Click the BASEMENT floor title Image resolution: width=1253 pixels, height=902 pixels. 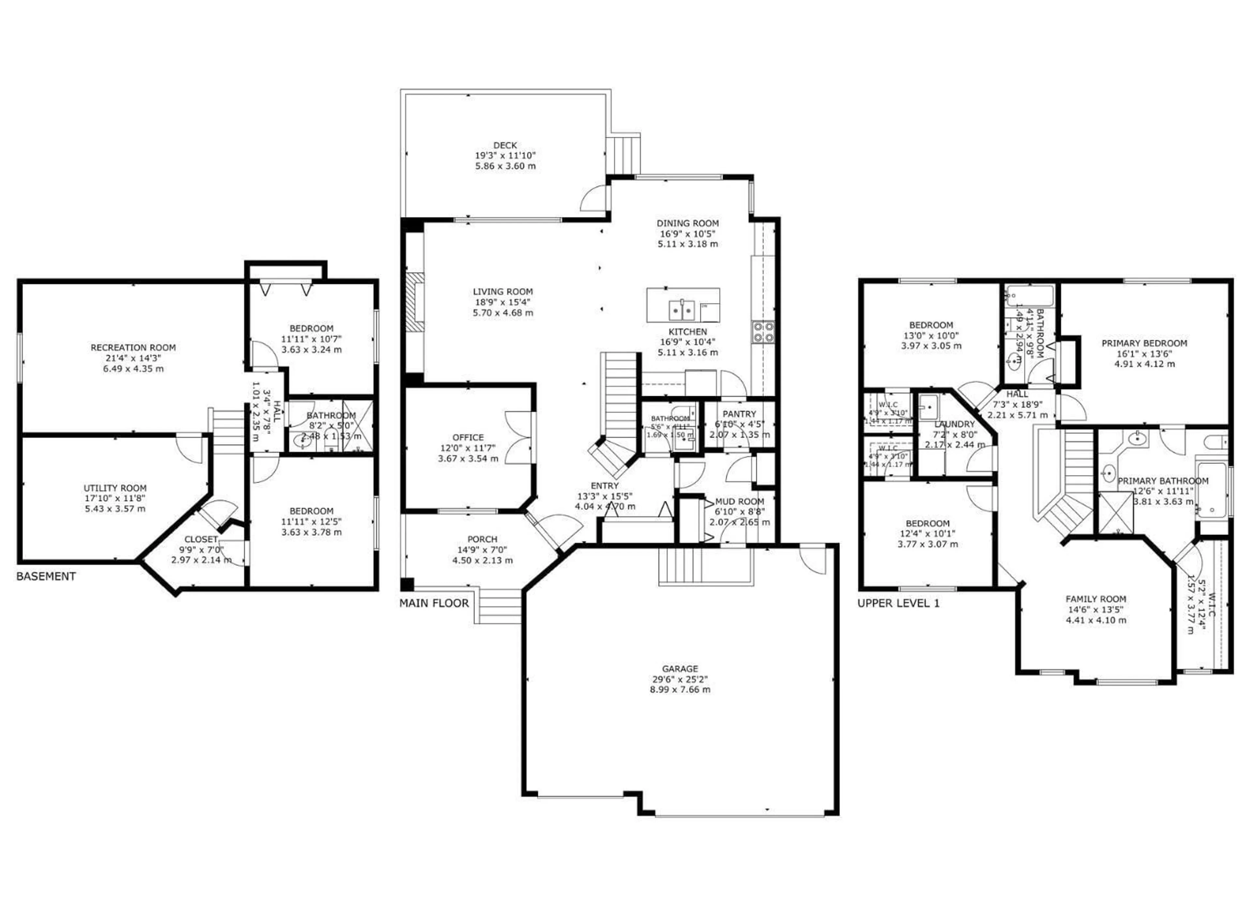(x=46, y=576)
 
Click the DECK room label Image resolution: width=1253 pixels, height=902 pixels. (x=505, y=145)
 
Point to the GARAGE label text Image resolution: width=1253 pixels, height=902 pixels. (x=680, y=668)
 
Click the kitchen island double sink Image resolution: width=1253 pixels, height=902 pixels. (x=682, y=310)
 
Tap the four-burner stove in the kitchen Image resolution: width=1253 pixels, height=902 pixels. (x=763, y=332)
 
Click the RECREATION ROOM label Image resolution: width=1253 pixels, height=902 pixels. (x=133, y=347)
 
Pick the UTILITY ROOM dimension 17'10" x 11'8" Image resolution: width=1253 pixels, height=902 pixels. (x=115, y=498)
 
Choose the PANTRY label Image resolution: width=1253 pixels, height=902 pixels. (x=739, y=414)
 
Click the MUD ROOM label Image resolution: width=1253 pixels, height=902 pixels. (x=739, y=501)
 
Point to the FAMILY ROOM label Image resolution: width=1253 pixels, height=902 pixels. (x=1095, y=599)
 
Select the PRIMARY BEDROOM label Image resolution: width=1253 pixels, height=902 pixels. (x=1144, y=343)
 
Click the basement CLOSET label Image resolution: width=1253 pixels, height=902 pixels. (x=201, y=539)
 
